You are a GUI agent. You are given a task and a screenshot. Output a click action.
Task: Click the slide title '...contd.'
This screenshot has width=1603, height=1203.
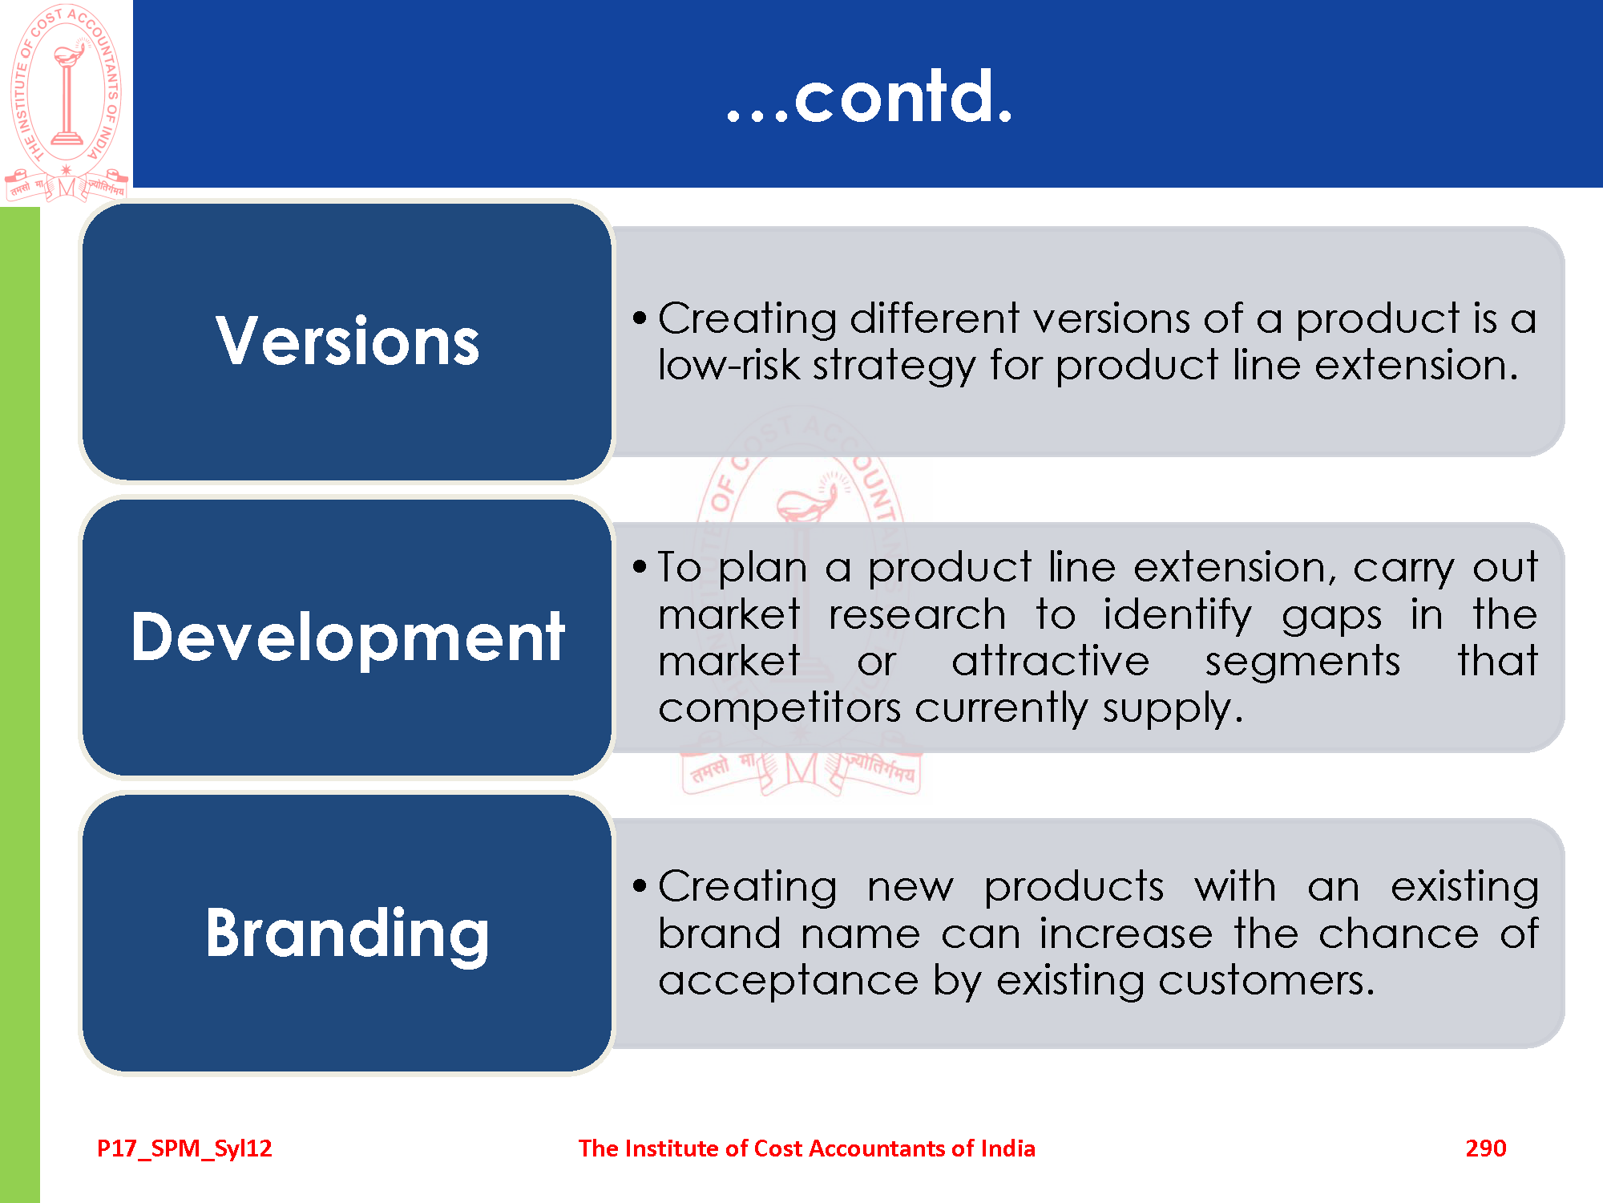coord(870,97)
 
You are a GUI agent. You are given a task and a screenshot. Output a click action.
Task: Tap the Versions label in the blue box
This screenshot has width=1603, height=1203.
coord(348,341)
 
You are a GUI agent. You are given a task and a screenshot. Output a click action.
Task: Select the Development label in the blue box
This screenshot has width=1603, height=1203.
coord(348,638)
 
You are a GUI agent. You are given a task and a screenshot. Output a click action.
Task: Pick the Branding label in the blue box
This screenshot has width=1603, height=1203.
coord(347,934)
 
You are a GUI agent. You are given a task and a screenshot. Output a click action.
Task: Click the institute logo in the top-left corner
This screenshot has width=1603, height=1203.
coord(67,101)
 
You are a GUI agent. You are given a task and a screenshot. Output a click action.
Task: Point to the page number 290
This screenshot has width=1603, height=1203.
coord(1486,1148)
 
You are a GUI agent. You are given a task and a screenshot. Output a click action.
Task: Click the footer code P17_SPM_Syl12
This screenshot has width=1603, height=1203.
coord(184,1149)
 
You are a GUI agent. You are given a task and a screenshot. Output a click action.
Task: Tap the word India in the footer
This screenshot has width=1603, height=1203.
coord(1007,1148)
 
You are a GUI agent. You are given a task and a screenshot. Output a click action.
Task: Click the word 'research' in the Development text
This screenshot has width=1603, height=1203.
coord(917,615)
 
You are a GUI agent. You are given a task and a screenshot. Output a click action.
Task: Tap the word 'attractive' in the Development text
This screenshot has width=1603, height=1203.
coord(1051,662)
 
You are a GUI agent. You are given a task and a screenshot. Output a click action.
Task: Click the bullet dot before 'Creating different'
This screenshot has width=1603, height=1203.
coord(639,318)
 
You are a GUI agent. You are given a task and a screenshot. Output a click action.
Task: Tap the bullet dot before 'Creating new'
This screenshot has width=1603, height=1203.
coord(639,886)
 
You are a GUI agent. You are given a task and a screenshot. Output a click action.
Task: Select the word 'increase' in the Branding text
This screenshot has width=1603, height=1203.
coord(1126,934)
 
